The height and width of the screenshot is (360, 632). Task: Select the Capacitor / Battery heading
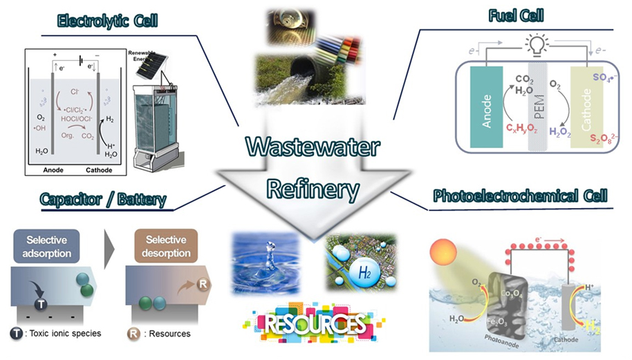tap(104, 200)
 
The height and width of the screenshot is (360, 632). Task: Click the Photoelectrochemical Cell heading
tap(520, 196)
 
